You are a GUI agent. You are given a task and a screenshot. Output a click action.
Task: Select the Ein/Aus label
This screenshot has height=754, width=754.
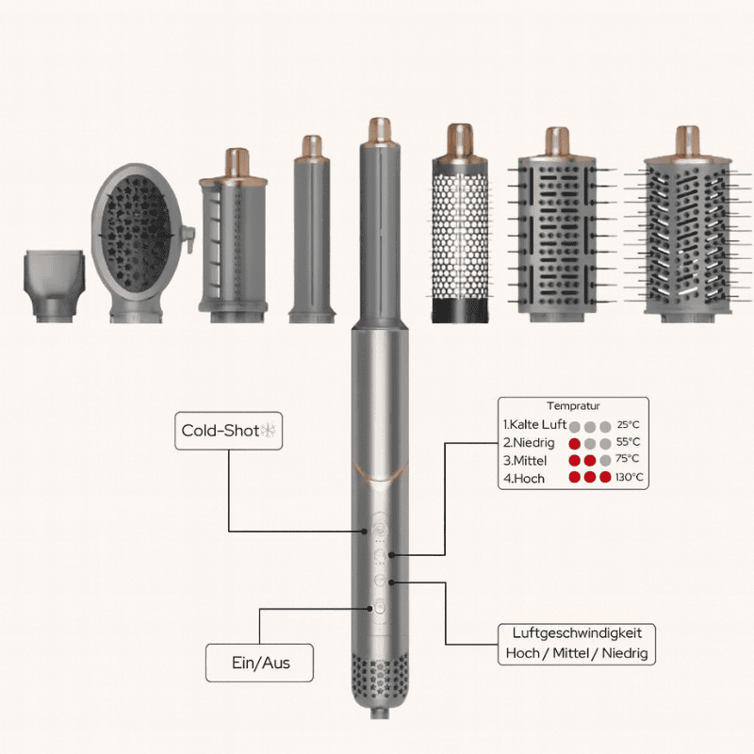[x=260, y=663]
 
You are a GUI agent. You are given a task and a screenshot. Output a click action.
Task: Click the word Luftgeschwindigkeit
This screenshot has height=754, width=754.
[x=578, y=633]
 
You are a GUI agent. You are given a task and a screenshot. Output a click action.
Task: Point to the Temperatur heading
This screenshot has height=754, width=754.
[x=573, y=405]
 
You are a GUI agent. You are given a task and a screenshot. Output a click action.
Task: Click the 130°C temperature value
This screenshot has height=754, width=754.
[x=631, y=478]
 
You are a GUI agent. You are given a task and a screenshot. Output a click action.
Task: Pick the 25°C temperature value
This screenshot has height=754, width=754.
[x=628, y=425]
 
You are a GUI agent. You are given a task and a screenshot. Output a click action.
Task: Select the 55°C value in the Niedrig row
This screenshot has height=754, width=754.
[x=628, y=442]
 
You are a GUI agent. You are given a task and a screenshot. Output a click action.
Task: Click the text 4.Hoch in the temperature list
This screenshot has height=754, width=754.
[x=524, y=478]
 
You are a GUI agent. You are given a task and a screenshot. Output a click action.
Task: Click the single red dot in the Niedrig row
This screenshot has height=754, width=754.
[x=574, y=443]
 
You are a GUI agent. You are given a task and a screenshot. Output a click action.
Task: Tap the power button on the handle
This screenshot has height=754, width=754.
[x=380, y=608]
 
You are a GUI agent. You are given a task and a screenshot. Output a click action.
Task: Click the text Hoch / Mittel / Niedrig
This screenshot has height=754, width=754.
[x=578, y=653]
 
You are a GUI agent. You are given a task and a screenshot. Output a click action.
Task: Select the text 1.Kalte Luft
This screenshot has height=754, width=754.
[x=535, y=425]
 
